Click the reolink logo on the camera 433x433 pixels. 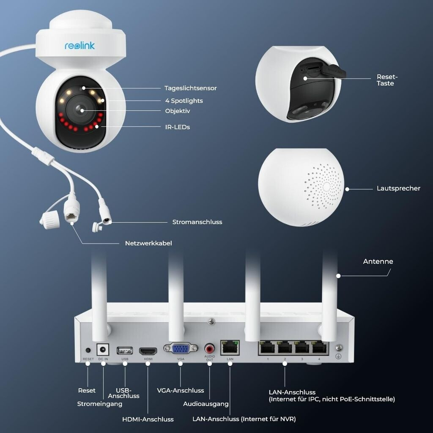coord(80,45)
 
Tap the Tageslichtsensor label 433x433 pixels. coord(190,88)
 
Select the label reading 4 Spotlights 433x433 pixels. coord(184,101)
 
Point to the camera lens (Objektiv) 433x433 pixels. coord(81,110)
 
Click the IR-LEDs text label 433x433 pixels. coord(177,127)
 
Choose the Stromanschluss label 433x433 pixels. coord(197,222)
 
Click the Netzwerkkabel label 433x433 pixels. coord(148,244)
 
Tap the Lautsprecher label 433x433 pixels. coord(398,189)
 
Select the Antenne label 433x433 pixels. coord(378,262)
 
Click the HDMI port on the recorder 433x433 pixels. coord(148,351)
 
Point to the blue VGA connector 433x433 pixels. coord(181,348)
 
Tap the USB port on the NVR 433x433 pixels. coord(125,351)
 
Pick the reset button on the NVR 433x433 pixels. coord(88,350)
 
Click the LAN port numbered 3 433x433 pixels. coord(301,349)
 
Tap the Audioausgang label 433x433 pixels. coord(206,404)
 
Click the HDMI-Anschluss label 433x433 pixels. coord(148,419)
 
